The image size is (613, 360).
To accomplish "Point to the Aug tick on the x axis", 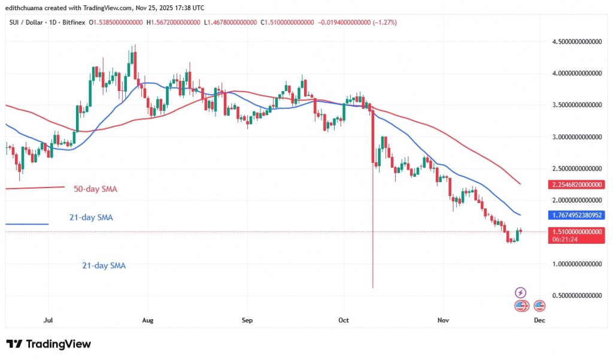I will click(148, 320).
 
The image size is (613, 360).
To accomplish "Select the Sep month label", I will click(247, 320).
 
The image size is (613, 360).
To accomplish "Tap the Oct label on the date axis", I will click(343, 320).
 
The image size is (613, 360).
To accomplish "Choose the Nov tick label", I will click(442, 320).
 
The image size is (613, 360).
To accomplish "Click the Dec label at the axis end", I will click(539, 320).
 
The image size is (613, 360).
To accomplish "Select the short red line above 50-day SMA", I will click(35, 188).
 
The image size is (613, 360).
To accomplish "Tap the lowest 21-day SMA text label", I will click(103, 265).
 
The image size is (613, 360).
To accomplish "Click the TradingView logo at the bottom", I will click(49, 344).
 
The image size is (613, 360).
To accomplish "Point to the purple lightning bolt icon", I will click(521, 293).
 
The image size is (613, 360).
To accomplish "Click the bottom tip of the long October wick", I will click(373, 288).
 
